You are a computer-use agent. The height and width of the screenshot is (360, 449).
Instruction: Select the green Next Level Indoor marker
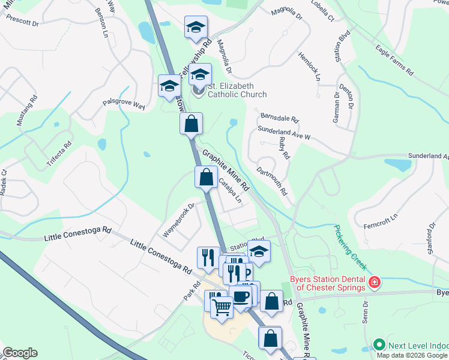[379, 345]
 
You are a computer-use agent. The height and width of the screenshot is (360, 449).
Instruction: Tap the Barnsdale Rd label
[279, 118]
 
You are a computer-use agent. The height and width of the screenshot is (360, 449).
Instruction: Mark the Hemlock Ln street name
[309, 66]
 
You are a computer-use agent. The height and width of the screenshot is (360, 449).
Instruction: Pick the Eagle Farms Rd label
[394, 59]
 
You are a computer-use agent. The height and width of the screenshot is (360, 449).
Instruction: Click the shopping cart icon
[222, 307]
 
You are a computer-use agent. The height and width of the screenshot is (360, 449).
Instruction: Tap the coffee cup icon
[241, 296]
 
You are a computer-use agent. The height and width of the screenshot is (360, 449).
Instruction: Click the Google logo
[19, 353]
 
